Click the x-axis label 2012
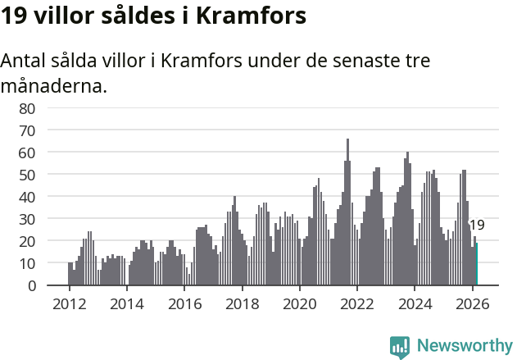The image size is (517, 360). coord(69,303)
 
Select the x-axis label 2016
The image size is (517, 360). coord(184,303)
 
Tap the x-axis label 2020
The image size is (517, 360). coord(300,303)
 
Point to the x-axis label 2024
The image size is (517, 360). coord(415,303)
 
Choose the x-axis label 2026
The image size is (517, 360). coord(473,303)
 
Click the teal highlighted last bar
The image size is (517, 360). coord(477,264)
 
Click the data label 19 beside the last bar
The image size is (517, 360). coord(477,226)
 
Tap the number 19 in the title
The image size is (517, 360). coord(14,16)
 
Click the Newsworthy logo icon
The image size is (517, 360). coord(400,346)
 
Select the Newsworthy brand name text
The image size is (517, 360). coord(465,346)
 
